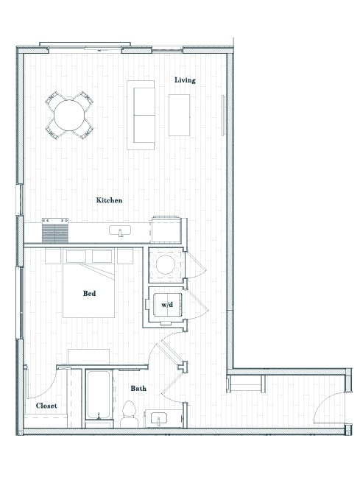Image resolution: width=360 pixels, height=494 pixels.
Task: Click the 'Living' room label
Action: tap(185, 80)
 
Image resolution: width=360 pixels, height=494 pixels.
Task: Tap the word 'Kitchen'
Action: tap(109, 200)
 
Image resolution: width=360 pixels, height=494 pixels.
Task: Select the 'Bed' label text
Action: tap(89, 293)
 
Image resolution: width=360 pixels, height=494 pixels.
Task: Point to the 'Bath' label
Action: tap(138, 388)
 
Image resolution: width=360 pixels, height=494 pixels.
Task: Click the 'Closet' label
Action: tap(46, 406)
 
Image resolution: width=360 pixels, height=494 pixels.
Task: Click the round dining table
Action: tap(70, 116)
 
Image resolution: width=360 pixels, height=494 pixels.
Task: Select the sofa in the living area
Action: tap(141, 114)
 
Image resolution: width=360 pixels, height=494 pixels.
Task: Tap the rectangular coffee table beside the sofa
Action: tap(179, 115)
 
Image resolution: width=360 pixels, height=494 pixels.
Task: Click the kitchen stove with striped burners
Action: tap(54, 231)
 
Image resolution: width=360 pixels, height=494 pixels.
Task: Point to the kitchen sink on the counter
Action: tap(118, 232)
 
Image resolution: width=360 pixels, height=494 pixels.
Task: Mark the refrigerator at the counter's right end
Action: tap(166, 229)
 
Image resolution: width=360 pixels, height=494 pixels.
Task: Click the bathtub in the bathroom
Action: tap(98, 397)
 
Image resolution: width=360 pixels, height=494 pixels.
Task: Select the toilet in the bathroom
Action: tap(130, 414)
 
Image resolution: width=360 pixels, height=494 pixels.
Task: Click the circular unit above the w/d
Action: tap(165, 265)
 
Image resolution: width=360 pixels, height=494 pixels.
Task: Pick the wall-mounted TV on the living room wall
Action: tap(224, 115)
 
